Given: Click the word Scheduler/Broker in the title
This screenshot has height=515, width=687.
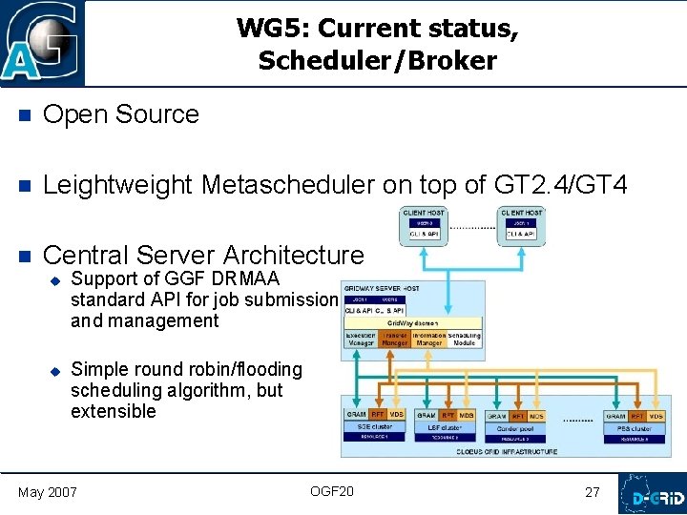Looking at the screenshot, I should pyautogui.click(x=377, y=61).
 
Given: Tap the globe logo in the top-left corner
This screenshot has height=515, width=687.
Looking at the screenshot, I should pyautogui.click(x=42, y=43).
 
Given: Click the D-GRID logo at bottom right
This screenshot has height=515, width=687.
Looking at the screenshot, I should pyautogui.click(x=652, y=493).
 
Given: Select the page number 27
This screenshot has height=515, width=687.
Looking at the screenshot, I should pyautogui.click(x=593, y=492).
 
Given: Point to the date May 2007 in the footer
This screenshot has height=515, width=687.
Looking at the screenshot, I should pyautogui.click(x=49, y=492).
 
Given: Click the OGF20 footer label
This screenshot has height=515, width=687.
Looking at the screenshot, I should pyautogui.click(x=331, y=491).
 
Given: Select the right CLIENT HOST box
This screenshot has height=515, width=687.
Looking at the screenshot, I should pyautogui.click(x=521, y=225).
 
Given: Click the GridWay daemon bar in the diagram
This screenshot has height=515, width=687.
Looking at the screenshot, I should pyautogui.click(x=412, y=323).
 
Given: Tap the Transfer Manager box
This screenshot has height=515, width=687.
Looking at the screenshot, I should pyautogui.click(x=394, y=339).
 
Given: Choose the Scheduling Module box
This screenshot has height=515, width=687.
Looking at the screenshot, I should pyautogui.click(x=465, y=339).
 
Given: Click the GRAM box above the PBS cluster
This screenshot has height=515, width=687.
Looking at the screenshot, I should pyautogui.click(x=615, y=415).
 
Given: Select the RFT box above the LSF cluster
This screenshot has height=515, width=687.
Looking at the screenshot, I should pyautogui.click(x=447, y=415).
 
